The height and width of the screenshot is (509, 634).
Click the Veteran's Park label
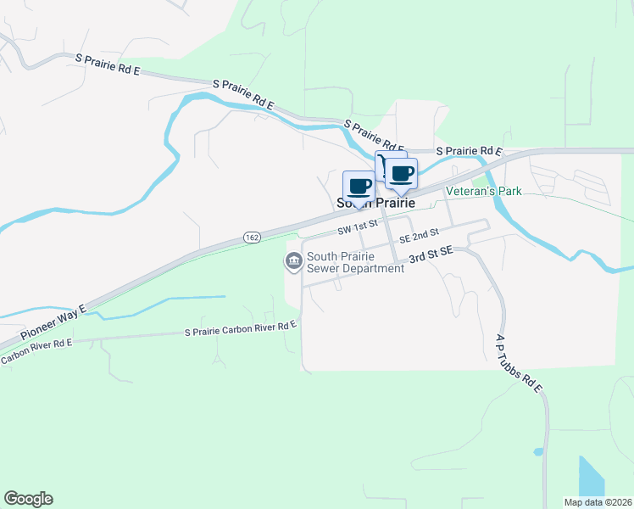click(x=485, y=192)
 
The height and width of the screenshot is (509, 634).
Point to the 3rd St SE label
click(x=433, y=252)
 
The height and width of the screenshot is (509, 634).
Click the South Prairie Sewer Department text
click(x=355, y=262)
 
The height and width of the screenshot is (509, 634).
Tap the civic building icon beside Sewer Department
click(x=293, y=262)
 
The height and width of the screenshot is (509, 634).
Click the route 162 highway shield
click(x=252, y=238)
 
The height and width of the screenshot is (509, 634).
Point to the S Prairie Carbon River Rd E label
click(x=241, y=328)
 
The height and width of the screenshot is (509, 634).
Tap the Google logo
click(x=28, y=499)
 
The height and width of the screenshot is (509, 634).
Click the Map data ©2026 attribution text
click(x=598, y=502)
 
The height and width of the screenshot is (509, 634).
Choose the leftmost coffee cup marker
click(x=358, y=187)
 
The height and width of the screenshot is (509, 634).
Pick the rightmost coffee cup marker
click(x=403, y=174)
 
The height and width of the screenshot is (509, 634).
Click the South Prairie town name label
click(x=375, y=204)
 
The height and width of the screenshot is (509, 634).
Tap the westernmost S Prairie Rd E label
click(x=108, y=64)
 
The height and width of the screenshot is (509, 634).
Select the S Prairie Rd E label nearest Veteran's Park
click(x=470, y=151)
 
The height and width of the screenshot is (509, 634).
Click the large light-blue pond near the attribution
click(x=592, y=476)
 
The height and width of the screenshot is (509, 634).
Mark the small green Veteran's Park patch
click(x=481, y=179)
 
